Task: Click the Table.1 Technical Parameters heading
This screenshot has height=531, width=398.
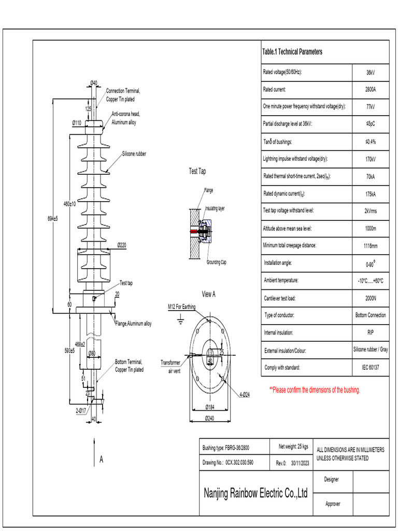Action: click(x=292, y=52)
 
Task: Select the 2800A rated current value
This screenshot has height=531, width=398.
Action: click(x=371, y=90)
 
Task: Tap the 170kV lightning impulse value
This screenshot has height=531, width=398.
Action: click(x=371, y=159)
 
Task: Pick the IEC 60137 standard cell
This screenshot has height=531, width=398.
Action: click(x=371, y=368)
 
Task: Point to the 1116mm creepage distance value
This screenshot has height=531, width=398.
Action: click(x=371, y=246)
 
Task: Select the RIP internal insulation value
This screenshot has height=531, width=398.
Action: click(x=371, y=332)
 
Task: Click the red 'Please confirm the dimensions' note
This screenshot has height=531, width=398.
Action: click(x=315, y=390)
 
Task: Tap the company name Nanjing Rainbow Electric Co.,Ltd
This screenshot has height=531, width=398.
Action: click(x=256, y=493)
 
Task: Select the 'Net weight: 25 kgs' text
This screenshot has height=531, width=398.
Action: click(x=293, y=446)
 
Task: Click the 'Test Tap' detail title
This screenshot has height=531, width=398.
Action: click(x=197, y=171)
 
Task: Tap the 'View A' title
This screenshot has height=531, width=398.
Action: click(x=208, y=294)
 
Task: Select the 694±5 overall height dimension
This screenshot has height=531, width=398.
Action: click(x=52, y=218)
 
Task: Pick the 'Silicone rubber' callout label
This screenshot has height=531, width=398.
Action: click(x=134, y=154)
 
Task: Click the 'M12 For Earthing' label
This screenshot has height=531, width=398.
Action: click(x=181, y=307)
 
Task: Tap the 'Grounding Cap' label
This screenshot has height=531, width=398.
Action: click(x=216, y=262)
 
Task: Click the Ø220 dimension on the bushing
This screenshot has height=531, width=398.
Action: click(x=122, y=245)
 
